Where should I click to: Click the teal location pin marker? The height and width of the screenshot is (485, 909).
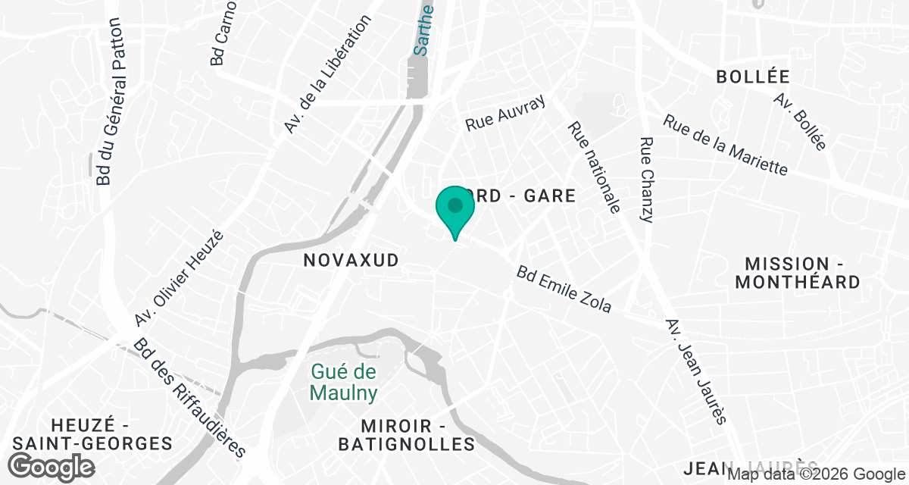coord(454,209)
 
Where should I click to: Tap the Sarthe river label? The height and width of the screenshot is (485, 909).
coord(423,30)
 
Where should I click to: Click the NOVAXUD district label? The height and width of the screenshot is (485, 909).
coord(351,261)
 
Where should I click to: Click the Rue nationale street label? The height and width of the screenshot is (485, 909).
coord(594,167)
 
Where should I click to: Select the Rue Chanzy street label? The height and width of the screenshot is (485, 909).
coord(646,180)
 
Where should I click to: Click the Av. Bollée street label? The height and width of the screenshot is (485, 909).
coord(800,121)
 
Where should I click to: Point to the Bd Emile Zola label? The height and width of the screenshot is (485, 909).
coord(564,289)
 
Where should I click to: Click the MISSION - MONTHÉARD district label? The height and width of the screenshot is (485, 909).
coord(803,273)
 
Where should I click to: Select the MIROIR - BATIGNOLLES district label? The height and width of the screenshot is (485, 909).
coord(407,435)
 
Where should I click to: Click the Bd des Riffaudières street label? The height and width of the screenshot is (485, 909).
coord(190,398)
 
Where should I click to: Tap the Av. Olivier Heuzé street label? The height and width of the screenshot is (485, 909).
coord(180,279)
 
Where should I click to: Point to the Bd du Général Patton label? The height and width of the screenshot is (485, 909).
coord(111,102)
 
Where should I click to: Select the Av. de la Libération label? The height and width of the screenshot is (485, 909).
coord(327,75)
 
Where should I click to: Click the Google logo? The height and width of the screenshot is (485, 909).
coord(52,466)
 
